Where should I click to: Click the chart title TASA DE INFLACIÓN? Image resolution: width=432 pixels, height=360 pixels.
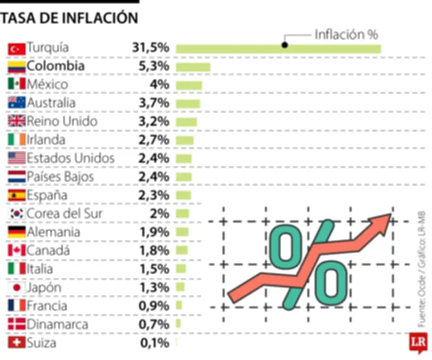coord(69,18)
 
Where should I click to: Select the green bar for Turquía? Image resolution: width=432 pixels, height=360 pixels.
coord(278,49)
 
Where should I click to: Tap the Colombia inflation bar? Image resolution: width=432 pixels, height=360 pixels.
coord(193,67)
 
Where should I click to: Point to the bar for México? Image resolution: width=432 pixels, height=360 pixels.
coord(188,85)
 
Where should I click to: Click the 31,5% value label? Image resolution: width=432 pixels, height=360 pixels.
coord(151,48)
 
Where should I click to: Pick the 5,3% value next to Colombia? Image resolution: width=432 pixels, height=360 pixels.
coord(154,66)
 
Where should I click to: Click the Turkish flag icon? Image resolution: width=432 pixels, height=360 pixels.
coord(17,49)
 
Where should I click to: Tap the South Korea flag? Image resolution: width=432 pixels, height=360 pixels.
coord(17,214)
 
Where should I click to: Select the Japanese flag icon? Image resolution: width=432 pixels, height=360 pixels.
coord(17,288)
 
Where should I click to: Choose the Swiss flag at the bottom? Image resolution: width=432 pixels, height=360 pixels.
coord(17,343)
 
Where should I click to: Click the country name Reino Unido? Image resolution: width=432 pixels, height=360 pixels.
coord(62,121)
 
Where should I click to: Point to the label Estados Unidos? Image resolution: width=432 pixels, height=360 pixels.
coord(71,158)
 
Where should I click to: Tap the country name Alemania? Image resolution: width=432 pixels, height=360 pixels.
coord(53,232)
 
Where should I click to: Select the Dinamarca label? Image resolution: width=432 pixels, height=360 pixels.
coord(57,325)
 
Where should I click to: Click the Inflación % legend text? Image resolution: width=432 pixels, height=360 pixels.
coord(346,35)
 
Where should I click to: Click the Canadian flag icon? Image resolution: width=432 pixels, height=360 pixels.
coord(17,251)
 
